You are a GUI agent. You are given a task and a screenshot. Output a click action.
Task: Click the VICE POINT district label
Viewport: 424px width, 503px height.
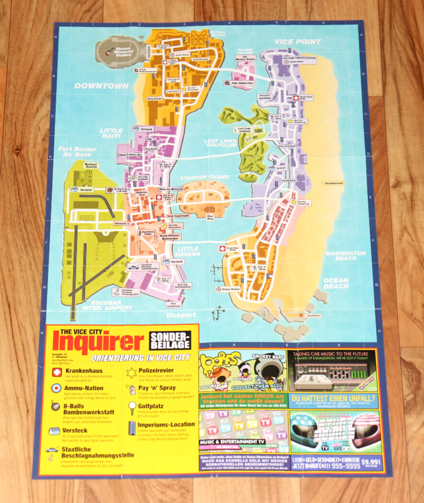tap(297, 41)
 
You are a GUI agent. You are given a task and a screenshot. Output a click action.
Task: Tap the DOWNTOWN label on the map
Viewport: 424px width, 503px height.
tap(101, 86)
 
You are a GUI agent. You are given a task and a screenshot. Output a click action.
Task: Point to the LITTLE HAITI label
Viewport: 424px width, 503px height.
tap(111, 134)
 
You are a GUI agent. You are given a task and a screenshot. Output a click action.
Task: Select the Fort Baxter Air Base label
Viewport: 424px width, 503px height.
tap(75, 151)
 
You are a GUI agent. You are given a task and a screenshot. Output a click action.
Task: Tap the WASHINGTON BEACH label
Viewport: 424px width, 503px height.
tap(345, 256)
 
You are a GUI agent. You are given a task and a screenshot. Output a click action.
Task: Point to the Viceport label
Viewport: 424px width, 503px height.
tap(180, 315)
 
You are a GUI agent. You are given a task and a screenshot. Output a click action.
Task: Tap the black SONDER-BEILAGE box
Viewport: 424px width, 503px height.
tap(170, 340)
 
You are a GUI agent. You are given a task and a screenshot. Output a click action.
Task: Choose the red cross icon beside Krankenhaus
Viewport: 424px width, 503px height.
tap(56, 371)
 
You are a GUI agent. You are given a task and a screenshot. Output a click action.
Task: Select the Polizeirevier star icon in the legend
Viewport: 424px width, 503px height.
tap(131, 372)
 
